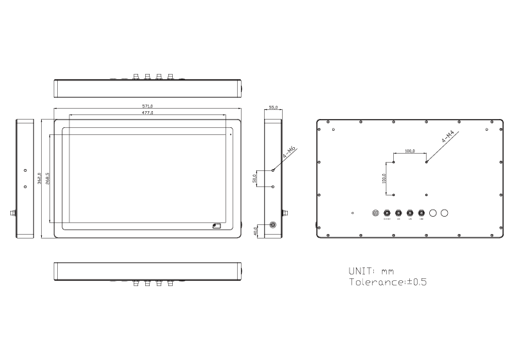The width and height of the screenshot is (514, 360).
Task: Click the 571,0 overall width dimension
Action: tap(147, 106)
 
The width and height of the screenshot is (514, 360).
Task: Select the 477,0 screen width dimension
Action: tap(147, 113)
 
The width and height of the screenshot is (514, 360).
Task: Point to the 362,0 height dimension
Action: tap(39, 178)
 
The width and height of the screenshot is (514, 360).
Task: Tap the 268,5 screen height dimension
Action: tap(48, 178)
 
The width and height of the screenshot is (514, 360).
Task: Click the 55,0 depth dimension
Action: tap(274, 107)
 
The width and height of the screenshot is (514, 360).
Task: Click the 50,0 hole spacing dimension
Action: tap(255, 178)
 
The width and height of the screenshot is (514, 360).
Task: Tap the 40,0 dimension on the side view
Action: tap(256, 230)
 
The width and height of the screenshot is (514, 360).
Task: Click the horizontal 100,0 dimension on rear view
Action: tap(409, 151)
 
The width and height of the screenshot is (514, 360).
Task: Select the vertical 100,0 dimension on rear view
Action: tap(384, 178)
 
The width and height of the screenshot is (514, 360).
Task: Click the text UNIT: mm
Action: tap(371, 271)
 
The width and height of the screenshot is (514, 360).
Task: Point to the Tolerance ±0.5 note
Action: tap(387, 282)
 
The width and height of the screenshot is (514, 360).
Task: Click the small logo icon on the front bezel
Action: tap(217, 226)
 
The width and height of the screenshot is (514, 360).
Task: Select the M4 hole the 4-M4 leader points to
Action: tap(425, 161)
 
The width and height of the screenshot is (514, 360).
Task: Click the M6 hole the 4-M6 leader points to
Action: tap(274, 170)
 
